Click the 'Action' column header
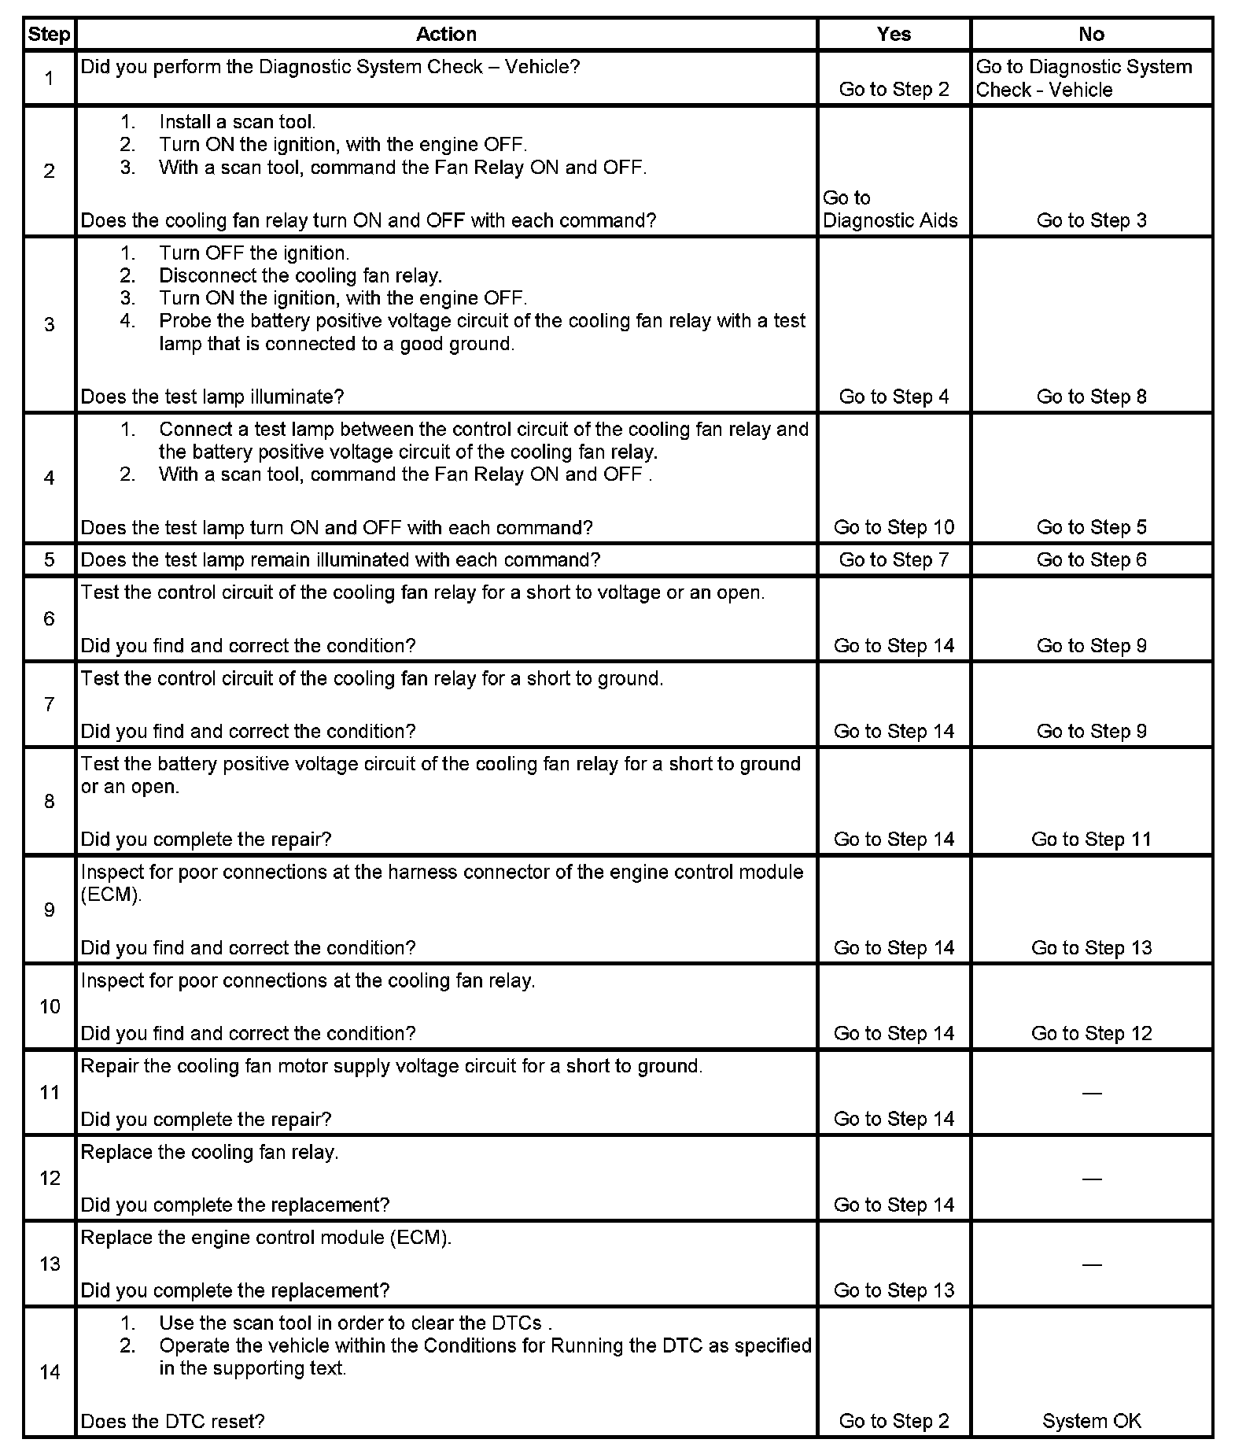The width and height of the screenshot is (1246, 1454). pyautogui.click(x=446, y=35)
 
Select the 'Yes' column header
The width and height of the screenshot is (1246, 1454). pyautogui.click(x=894, y=35)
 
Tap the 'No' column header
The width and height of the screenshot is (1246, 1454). pyautogui.click(x=1091, y=35)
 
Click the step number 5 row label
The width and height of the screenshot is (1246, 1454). pyautogui.click(x=50, y=560)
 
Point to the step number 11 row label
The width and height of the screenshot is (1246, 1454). pyautogui.click(x=50, y=1092)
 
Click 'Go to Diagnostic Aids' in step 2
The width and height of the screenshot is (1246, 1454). pyautogui.click(x=890, y=209)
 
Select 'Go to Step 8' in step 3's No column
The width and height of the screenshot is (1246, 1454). pyautogui.click(x=1091, y=397)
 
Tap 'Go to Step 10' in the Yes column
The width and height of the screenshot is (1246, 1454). pyautogui.click(x=894, y=527)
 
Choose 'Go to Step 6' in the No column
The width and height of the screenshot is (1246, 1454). pyautogui.click(x=1091, y=560)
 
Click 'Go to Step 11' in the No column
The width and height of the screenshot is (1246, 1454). pyautogui.click(x=1091, y=840)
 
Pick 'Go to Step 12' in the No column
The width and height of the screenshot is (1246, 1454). pyautogui.click(x=1091, y=1033)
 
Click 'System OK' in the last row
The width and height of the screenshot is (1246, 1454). pyautogui.click(x=1091, y=1421)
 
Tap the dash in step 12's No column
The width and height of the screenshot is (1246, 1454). pyautogui.click(x=1091, y=1179)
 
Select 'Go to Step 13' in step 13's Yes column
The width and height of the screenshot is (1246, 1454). pyautogui.click(x=894, y=1290)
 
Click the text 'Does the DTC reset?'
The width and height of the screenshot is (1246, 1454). pyautogui.click(x=172, y=1421)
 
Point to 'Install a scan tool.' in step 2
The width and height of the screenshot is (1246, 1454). pyautogui.click(x=237, y=122)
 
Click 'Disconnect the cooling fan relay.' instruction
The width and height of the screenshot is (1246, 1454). pyautogui.click(x=300, y=276)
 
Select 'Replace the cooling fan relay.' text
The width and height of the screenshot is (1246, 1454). pyautogui.click(x=209, y=1153)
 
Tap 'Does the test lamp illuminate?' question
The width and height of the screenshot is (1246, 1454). pyautogui.click(x=212, y=397)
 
